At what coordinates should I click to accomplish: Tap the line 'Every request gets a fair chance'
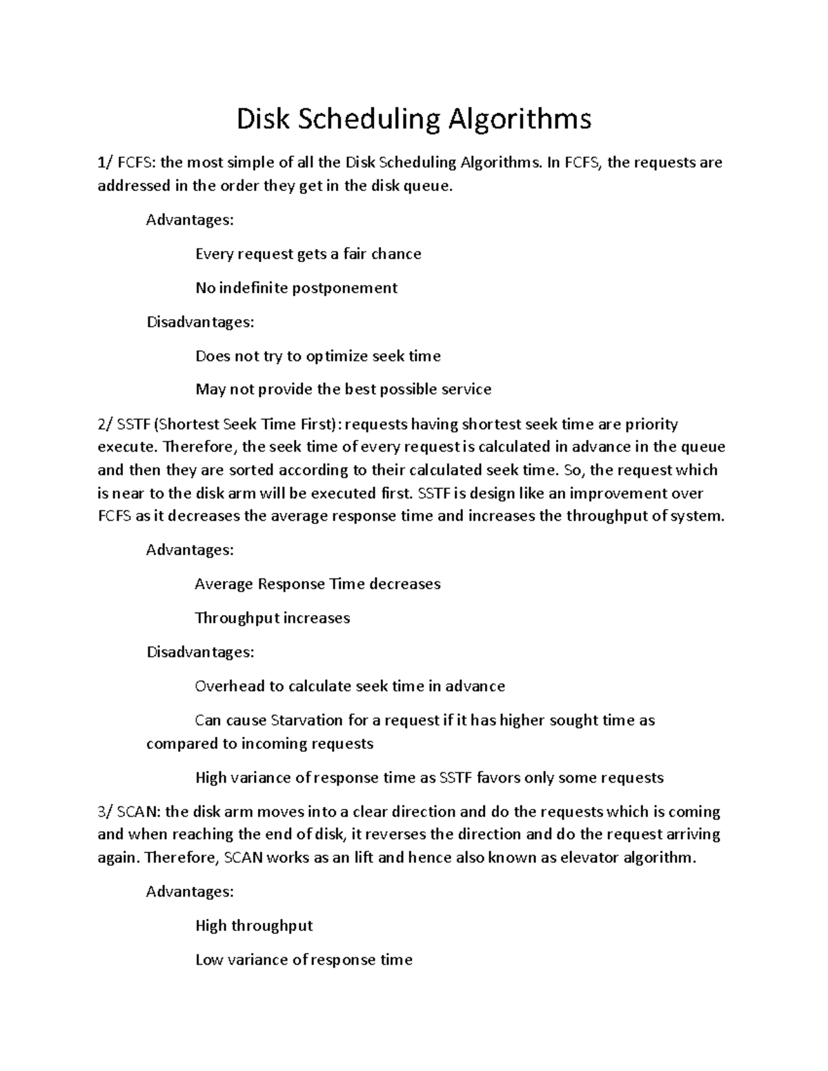coord(308,254)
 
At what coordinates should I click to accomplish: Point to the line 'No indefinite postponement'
coord(296,288)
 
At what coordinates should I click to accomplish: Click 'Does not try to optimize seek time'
coord(317,356)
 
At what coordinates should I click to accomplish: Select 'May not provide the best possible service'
coord(343,390)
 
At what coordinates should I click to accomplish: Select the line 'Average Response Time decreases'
coord(317,584)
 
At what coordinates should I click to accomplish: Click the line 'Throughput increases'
coord(272,618)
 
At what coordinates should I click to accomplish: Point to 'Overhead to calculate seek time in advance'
coord(350,686)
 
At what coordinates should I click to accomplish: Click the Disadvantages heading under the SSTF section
coord(200,652)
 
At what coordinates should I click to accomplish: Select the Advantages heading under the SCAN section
coord(190,892)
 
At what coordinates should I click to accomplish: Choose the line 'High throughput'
coord(254,925)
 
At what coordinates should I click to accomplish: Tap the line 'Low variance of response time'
coord(304,959)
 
